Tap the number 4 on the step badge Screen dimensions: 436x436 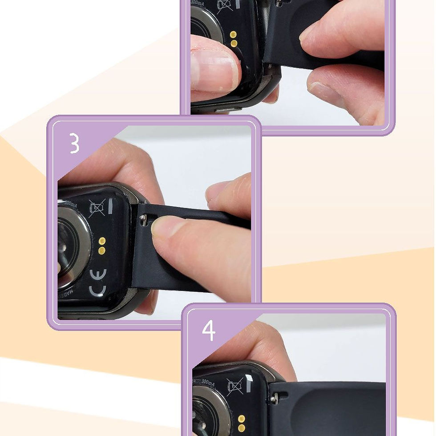coord(209,330)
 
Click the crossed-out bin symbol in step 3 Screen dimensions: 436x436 coord(97,208)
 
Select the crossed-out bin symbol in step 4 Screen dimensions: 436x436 coord(234,387)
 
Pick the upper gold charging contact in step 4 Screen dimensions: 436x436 coord(242,419)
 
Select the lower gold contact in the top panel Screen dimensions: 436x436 coord(234,43)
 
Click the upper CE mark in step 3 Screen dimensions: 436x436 coord(98,274)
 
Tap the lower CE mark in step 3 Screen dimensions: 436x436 coord(97,291)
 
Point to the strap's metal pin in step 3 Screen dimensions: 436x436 coord(143,218)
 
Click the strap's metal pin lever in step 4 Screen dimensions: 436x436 coord(275,396)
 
